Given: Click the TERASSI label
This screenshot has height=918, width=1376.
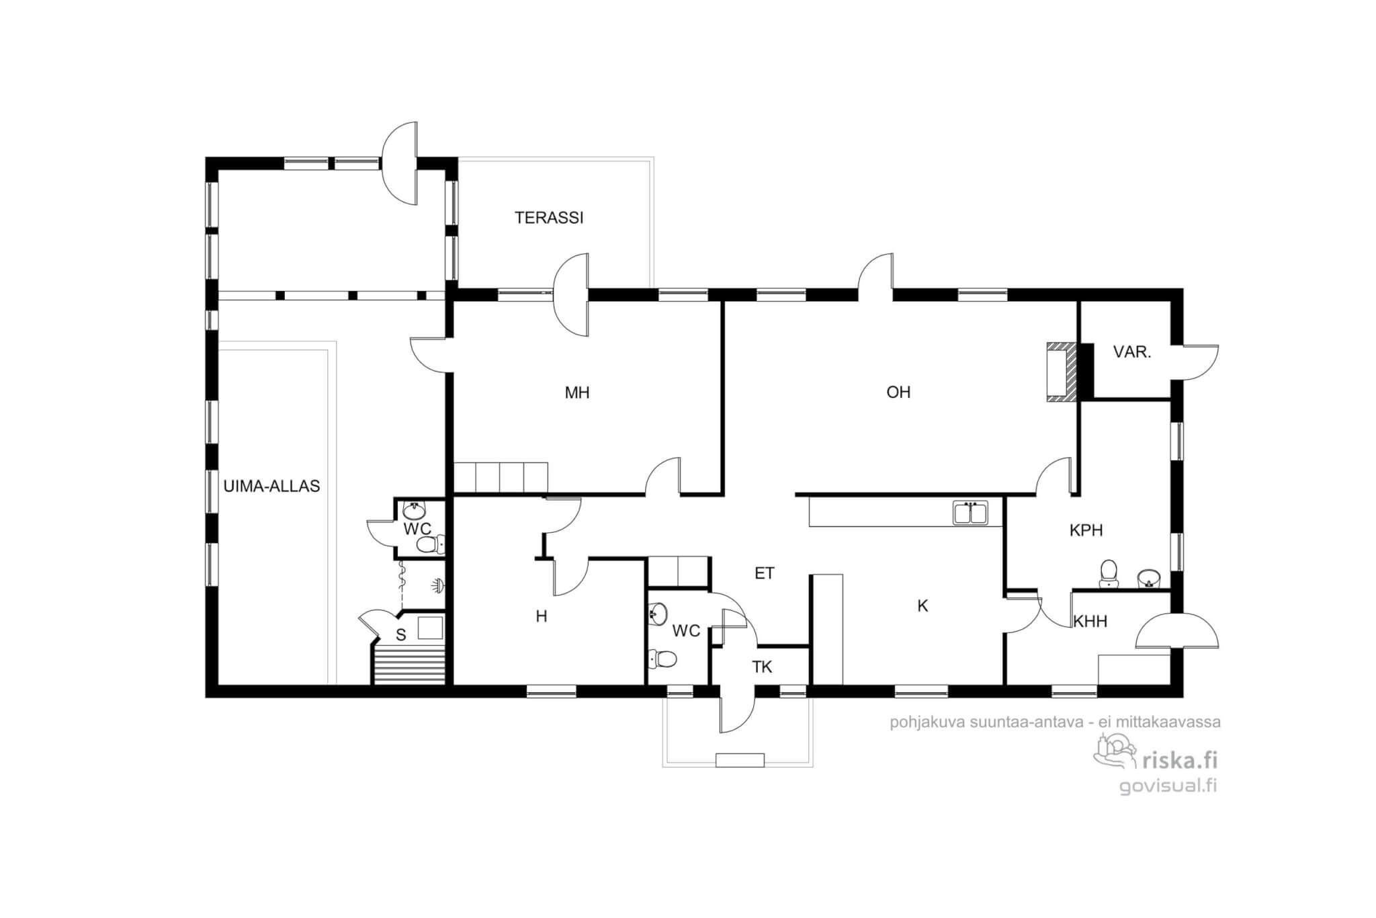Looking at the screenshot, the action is (x=549, y=218).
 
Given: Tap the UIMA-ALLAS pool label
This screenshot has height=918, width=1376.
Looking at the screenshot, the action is (x=271, y=486).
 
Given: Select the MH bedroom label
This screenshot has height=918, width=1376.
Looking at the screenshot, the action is (x=577, y=392).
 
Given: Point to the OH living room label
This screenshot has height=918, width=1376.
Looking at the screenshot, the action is (x=898, y=392).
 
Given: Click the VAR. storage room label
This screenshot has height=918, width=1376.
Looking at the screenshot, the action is (x=1132, y=351).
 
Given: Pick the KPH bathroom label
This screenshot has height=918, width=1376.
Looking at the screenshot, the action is (x=1086, y=530).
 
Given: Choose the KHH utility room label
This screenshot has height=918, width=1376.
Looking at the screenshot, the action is (x=1090, y=622).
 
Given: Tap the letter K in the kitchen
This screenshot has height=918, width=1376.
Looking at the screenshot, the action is (x=922, y=606).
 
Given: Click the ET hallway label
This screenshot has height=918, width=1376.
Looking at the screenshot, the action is (x=765, y=573).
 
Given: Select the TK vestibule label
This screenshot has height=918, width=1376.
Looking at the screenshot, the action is (x=762, y=667).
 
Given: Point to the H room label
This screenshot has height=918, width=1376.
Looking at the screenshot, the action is (x=542, y=616).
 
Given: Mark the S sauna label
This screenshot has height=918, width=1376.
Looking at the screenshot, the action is (x=401, y=635).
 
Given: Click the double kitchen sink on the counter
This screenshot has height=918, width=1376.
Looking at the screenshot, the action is (x=970, y=513).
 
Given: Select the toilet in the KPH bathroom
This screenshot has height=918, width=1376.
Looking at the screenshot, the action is (x=1108, y=573).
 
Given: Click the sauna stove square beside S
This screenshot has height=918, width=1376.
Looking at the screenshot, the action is (x=430, y=628).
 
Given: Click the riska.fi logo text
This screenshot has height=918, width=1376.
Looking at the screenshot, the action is (x=1179, y=760).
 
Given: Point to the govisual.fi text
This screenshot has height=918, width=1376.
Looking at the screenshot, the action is (x=1168, y=786).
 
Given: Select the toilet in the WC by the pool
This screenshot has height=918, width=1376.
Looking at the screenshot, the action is (x=430, y=544).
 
